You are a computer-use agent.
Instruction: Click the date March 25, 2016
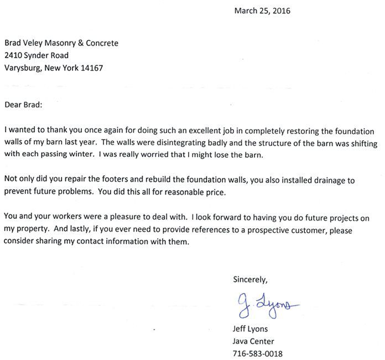pyautogui.click(x=262, y=11)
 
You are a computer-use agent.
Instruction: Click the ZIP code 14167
pyautogui.click(x=91, y=68)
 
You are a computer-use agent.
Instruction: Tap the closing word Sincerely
pyautogui.click(x=250, y=279)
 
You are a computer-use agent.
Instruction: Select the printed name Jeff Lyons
pyautogui.click(x=251, y=329)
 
